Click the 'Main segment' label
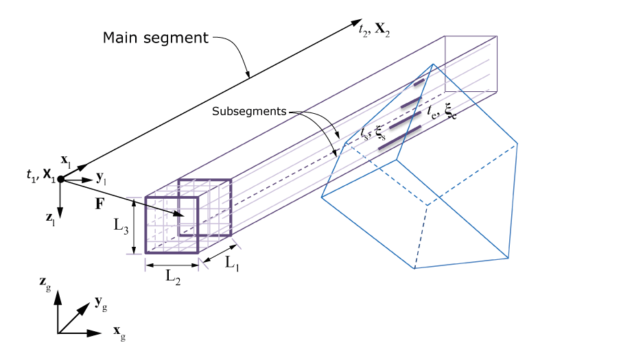point(155,37)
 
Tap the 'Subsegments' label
point(250,110)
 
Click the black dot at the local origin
point(60,179)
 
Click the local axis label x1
point(67,160)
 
